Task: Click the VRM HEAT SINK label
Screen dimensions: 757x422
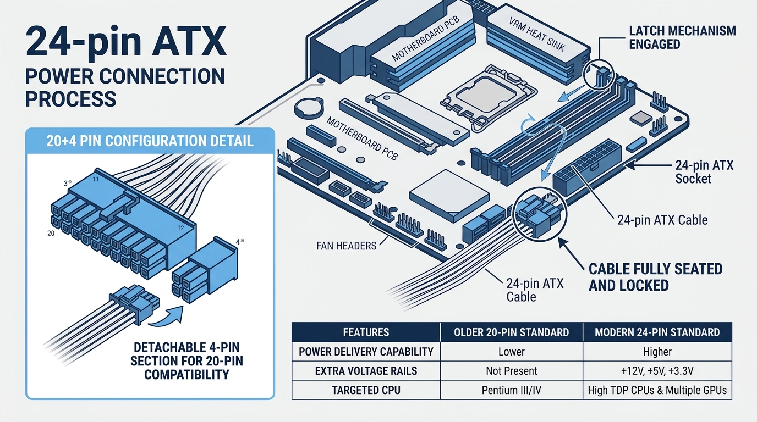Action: click(537, 35)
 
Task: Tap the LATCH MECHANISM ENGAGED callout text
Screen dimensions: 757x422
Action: click(682, 37)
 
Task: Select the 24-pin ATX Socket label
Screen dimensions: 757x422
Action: click(704, 172)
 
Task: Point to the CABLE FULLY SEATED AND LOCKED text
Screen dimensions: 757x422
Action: click(656, 277)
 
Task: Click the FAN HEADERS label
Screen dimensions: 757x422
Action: click(347, 246)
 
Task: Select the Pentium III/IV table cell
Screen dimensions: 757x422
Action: click(511, 390)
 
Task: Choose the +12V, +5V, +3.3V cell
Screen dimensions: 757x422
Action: click(657, 371)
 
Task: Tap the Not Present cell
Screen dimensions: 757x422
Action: click(511, 371)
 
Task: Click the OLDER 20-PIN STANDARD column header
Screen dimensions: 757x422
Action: click(511, 332)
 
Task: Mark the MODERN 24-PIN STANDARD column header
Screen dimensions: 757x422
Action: click(657, 332)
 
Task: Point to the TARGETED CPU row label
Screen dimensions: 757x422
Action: click(366, 390)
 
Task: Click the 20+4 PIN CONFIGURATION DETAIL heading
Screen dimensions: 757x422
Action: click(150, 141)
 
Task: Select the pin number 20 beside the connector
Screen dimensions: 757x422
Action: click(51, 234)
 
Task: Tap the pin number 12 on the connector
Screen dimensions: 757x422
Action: click(181, 228)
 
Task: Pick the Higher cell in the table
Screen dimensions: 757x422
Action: click(657, 352)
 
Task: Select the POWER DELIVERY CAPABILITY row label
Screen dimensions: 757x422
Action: click(366, 352)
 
